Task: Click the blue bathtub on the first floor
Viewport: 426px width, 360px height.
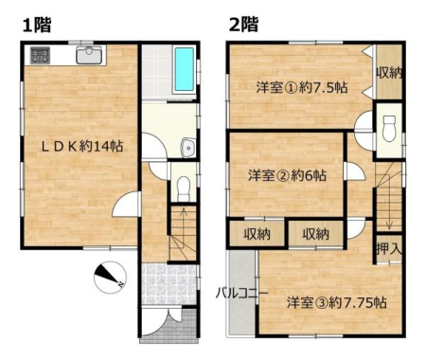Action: (x=185, y=69)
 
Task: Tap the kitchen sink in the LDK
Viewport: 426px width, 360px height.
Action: (x=89, y=55)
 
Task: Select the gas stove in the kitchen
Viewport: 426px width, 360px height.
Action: (x=40, y=55)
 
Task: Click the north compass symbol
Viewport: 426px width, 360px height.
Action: (x=110, y=278)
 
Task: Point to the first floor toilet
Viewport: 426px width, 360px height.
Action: (x=184, y=189)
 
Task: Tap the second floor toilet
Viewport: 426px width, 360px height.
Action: (x=389, y=128)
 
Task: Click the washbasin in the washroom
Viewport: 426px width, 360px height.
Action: (x=188, y=148)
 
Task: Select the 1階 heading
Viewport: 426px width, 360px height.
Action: (x=37, y=25)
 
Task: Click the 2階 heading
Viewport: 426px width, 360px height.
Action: (x=243, y=25)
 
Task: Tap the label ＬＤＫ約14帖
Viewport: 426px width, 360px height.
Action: (x=82, y=147)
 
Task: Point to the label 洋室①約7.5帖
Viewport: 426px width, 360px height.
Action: (x=302, y=87)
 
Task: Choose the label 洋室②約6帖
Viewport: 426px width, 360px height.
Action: (x=287, y=175)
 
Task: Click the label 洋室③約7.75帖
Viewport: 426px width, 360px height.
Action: (x=336, y=302)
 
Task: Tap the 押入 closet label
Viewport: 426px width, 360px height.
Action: (x=389, y=249)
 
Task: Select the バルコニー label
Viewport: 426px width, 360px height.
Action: (x=241, y=294)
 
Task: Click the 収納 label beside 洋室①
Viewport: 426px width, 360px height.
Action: (x=389, y=73)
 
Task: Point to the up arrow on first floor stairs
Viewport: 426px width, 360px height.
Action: (x=184, y=222)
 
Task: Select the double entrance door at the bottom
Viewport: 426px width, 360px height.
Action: (x=162, y=322)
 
